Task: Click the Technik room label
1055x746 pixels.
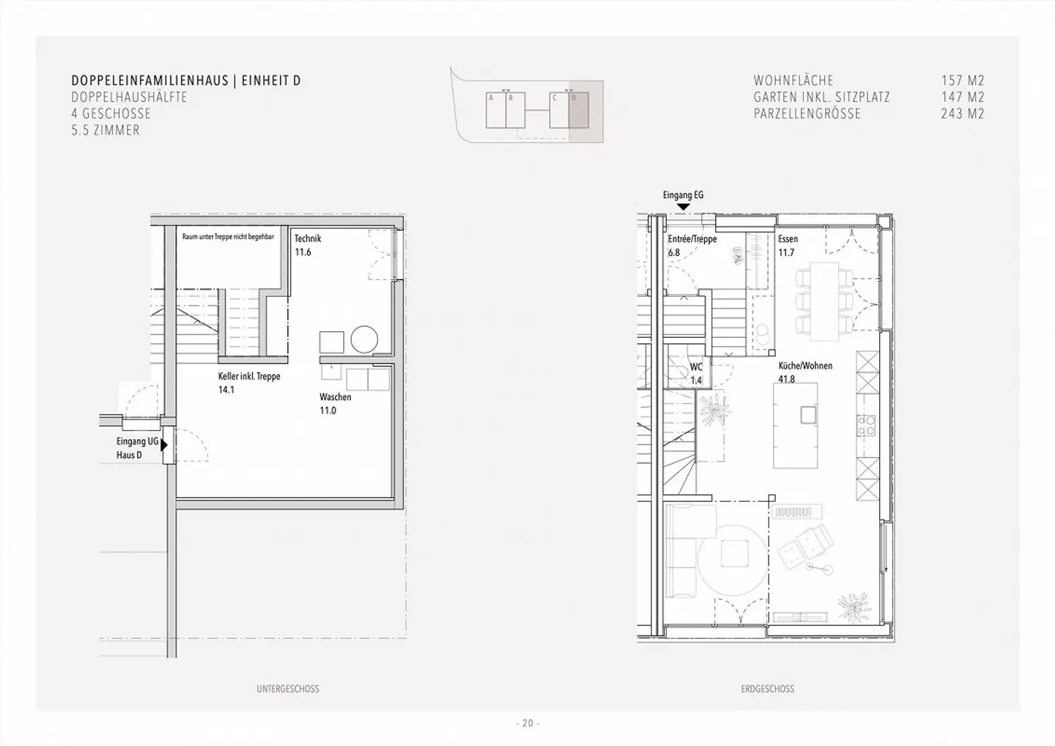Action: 308,239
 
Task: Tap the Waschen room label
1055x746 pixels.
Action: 335,397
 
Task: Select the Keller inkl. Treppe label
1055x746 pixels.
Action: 248,377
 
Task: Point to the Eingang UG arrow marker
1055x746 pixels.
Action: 165,444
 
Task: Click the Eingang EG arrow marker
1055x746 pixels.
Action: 683,207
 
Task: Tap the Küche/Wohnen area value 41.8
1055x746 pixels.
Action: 786,380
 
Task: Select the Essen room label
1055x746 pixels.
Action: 788,239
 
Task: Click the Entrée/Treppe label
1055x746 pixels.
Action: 692,239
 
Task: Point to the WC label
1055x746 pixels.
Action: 696,367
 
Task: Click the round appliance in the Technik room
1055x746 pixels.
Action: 363,339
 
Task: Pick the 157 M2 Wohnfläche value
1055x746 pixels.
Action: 962,81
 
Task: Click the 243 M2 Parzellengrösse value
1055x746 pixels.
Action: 962,114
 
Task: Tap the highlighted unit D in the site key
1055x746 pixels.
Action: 578,110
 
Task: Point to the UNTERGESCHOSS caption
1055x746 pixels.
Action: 288,689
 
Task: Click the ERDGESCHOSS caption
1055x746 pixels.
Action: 767,689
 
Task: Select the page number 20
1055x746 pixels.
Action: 527,723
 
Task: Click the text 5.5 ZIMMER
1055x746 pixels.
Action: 105,130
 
